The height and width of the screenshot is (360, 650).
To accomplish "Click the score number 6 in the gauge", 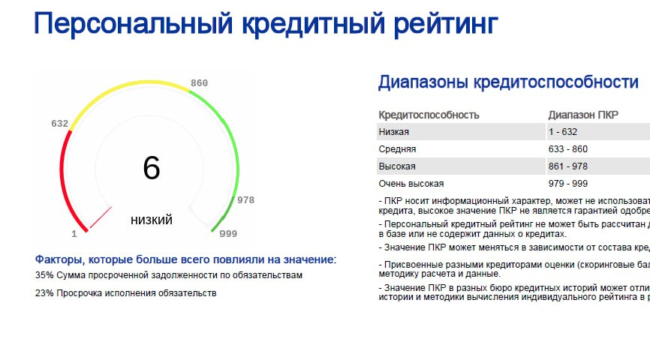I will coord(152,168).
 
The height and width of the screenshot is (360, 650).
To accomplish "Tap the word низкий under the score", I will coord(152,220).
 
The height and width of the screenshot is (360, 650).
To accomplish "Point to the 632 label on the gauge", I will coord(59,123).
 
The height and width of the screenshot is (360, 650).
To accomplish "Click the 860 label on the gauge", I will coord(199,82).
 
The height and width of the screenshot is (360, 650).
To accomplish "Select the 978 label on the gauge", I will coord(245,200).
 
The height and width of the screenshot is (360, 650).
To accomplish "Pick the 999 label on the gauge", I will coord(228,234).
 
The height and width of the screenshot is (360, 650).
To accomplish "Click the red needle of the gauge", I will coord(101,217).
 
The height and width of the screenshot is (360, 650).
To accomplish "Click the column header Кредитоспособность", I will coord(429,115).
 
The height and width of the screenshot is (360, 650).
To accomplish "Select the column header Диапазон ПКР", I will coord(583,115).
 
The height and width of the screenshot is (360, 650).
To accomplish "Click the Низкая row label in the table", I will coord(394,132).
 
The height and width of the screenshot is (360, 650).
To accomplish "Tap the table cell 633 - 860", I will coord(568,149).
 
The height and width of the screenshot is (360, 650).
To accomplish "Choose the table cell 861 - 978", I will coord(568,166).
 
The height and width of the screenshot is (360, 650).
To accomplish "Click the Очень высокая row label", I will coord(411,184).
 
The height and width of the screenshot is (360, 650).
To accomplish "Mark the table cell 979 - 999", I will coord(568,184).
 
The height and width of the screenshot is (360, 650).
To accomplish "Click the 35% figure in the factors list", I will coord(44,275).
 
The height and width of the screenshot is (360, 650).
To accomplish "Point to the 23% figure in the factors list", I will coord(44,293).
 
